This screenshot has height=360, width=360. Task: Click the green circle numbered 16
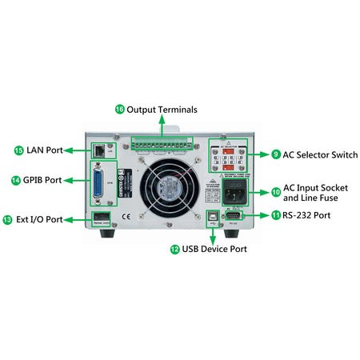pyautogui.click(x=120, y=109)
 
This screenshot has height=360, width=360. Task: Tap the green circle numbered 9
pyautogui.click(x=276, y=154)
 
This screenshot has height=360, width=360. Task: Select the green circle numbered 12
pyautogui.click(x=175, y=249)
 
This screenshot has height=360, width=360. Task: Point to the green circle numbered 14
pyautogui.click(x=16, y=180)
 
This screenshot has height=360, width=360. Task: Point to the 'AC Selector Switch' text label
pyautogui.click(x=317, y=154)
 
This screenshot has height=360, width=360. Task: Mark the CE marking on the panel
pyautogui.click(x=125, y=216)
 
